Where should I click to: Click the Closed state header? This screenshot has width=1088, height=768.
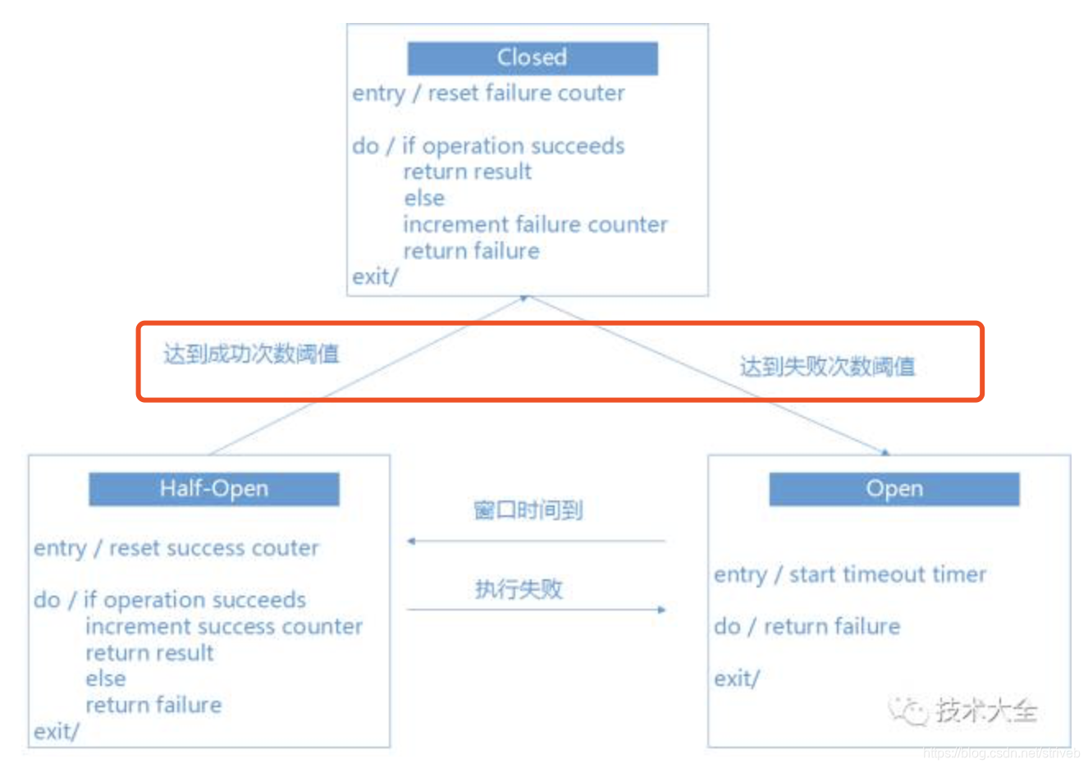pos(532,57)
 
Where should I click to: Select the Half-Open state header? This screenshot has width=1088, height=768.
pos(213,489)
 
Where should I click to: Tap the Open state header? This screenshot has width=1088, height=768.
pos(894,489)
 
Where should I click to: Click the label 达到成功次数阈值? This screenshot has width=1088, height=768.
pos(251,354)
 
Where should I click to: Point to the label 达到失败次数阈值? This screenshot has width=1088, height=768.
pos(827,366)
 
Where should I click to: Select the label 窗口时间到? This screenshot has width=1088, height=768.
pos(528,510)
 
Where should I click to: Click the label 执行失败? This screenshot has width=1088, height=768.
pos(519,588)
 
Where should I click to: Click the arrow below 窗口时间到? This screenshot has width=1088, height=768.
pos(536,542)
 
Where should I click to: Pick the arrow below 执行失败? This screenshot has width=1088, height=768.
pos(536,610)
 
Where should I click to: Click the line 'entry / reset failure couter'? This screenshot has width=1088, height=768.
pos(488,94)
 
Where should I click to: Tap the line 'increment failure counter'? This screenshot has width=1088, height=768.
pos(535,225)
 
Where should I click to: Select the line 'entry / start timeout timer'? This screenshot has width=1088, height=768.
pos(850,574)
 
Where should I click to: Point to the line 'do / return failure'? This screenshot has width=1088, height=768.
pos(807,627)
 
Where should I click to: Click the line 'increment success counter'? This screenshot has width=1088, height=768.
pos(223,627)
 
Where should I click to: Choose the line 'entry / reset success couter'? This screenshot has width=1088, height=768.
pos(176,548)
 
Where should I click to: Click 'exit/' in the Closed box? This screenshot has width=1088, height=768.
pos(374,277)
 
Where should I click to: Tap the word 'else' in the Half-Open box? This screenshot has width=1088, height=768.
pos(106,679)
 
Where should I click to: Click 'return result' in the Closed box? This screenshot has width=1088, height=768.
pos(467,172)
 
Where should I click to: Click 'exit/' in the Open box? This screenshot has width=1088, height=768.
pos(736,679)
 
